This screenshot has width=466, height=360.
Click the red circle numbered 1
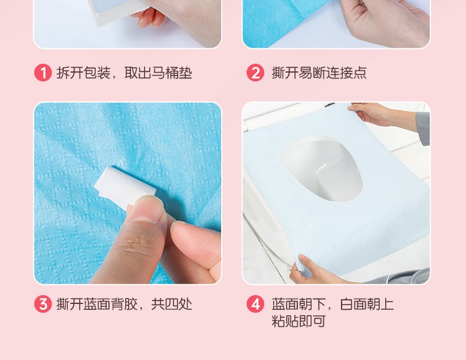(43, 73)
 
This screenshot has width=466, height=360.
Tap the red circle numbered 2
(255, 73)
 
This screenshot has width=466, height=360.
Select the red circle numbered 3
(43, 304)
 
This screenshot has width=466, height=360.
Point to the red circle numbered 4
(255, 304)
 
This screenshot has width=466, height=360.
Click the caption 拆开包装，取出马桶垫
(124, 73)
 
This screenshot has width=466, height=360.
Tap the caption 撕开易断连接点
(319, 73)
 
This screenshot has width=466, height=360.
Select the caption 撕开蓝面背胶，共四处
(124, 304)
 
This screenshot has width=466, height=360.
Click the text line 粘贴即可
(298, 321)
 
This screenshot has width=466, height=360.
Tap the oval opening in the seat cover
(322, 169)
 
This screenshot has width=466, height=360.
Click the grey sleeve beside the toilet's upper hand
(423, 128)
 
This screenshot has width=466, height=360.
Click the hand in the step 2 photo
(386, 22)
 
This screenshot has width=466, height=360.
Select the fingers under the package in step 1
(150, 17)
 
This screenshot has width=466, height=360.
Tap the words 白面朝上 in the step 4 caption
(367, 304)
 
